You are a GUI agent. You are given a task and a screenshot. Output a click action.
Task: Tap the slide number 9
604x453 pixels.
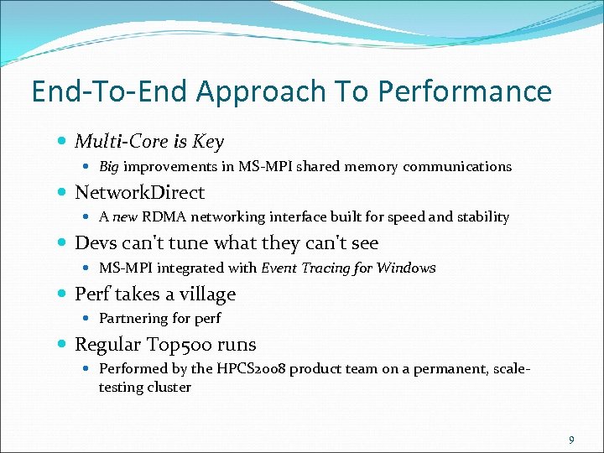571,440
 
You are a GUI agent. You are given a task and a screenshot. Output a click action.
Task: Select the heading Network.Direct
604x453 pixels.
139,192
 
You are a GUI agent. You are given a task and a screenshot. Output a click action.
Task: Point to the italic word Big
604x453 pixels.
109,167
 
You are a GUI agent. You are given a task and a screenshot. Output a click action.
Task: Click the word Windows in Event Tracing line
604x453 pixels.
406,268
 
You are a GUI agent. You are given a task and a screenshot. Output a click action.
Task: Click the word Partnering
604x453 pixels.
133,319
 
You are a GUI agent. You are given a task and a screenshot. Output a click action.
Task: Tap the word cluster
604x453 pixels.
169,388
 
